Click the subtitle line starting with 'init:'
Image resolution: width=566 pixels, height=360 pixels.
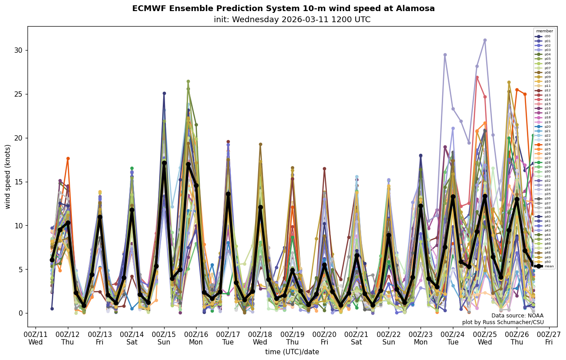292,20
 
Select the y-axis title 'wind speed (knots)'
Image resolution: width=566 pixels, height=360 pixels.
8,176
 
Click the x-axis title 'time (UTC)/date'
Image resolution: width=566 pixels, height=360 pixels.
292,352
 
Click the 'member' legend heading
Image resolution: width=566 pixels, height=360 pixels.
545,31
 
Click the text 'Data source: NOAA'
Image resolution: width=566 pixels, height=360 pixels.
517,316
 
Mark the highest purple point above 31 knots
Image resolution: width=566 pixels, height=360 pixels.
485,40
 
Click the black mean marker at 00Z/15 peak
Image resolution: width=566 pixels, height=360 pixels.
164,163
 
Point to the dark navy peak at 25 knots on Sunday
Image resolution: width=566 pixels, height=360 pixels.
164,94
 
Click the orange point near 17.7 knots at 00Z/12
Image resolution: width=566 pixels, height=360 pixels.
68,158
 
